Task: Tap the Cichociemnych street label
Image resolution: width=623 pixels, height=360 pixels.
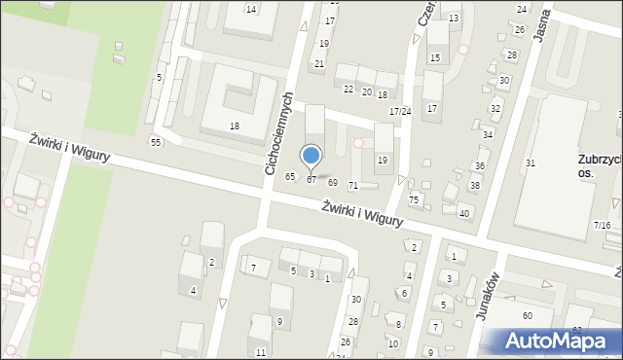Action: tap(278, 134)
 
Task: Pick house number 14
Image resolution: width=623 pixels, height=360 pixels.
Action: tap(251, 9)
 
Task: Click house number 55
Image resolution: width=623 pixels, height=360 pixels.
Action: tap(155, 143)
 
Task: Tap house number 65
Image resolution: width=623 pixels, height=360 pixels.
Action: tap(289, 176)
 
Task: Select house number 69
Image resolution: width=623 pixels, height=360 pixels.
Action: tap(333, 183)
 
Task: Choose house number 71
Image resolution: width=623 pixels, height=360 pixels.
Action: tap(353, 185)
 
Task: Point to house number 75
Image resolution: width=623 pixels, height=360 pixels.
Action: tap(414, 199)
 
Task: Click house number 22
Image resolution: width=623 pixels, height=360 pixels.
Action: tap(348, 90)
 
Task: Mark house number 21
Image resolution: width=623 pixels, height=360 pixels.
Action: tap(318, 64)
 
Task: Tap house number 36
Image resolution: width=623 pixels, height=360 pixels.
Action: tap(479, 166)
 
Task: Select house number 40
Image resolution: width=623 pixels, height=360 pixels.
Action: tap(464, 213)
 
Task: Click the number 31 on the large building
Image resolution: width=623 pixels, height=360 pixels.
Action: tap(531, 162)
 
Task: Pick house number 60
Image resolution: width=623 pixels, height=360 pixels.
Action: tap(527, 315)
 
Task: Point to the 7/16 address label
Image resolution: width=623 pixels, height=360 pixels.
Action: tap(603, 225)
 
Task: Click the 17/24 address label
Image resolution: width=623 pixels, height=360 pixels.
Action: tap(400, 112)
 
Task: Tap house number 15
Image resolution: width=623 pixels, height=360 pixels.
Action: tap(435, 58)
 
